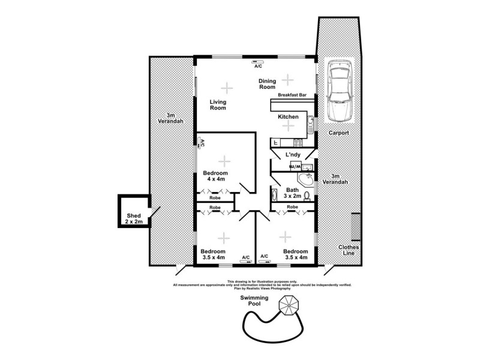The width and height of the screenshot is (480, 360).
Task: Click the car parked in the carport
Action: click(x=339, y=89)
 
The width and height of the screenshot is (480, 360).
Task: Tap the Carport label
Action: click(x=339, y=133)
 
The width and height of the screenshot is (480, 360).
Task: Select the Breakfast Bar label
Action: click(x=292, y=95)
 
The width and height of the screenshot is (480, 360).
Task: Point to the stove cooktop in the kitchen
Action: click(x=296, y=143)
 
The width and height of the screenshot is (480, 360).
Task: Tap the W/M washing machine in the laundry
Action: click(x=294, y=167)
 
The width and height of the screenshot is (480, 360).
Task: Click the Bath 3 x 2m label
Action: click(x=292, y=193)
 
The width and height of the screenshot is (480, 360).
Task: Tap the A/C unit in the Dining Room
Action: click(x=258, y=61)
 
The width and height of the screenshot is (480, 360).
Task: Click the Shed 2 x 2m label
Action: click(x=133, y=219)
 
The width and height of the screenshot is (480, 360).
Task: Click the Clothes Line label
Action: click(x=347, y=250)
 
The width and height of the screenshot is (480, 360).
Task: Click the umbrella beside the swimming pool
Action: click(x=289, y=305)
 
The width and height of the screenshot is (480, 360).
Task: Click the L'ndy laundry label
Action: click(x=293, y=155)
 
